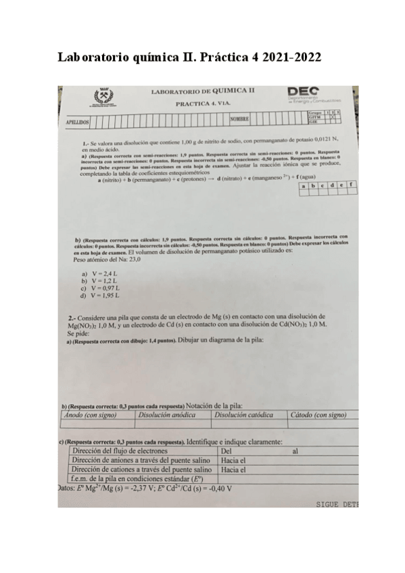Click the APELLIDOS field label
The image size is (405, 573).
coord(74,123)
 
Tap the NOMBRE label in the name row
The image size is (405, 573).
coord(240,120)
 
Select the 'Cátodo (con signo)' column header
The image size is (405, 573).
coord(320,415)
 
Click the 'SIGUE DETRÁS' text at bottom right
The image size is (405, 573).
coord(337,504)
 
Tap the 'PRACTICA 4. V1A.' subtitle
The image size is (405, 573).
coord(204,104)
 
